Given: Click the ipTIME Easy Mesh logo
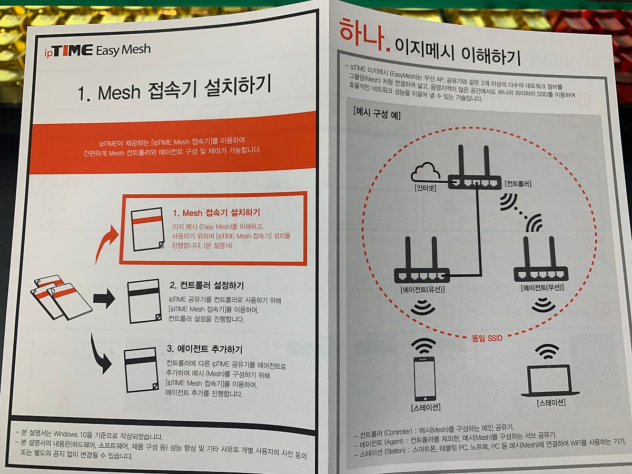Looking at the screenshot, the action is pyautogui.click(x=97, y=51).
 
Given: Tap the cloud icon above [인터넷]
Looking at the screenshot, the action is pyautogui.click(x=426, y=172).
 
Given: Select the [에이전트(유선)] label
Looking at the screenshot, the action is pyautogui.click(x=422, y=290).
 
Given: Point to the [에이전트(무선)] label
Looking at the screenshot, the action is pyautogui.click(x=542, y=288).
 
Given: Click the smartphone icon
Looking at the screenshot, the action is pyautogui.click(x=424, y=379).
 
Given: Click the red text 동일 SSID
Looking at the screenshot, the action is pyautogui.click(x=487, y=338).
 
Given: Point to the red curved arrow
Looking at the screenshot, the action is pyautogui.click(x=106, y=244).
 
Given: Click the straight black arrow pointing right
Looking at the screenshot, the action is pyautogui.click(x=104, y=299).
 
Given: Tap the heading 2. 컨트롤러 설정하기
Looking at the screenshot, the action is pyautogui.click(x=206, y=285).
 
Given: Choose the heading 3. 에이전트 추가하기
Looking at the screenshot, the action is pyautogui.click(x=204, y=349).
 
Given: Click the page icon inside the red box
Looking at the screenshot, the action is pyautogui.click(x=147, y=229).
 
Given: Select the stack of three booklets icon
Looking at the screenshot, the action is pyautogui.click(x=61, y=297).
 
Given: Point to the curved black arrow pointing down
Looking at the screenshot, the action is pyautogui.click(x=101, y=358).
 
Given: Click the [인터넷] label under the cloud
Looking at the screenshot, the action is pyautogui.click(x=425, y=187).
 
